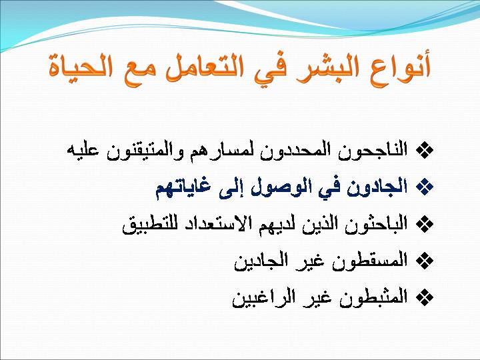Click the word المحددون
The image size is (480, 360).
click(x=295, y=150)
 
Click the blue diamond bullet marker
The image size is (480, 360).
click(x=425, y=187)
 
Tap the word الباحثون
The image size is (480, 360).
click(x=376, y=224)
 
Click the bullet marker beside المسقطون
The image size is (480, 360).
click(x=425, y=261)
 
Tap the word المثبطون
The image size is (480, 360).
click(x=373, y=297)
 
